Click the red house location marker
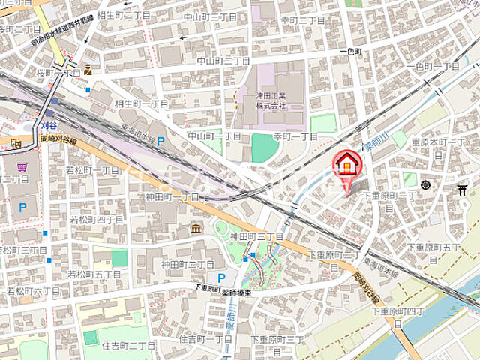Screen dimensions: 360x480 346,163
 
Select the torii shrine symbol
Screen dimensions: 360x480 462,190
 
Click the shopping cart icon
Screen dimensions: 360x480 22,167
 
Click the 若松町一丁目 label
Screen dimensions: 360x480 93,171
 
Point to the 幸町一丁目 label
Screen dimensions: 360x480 295,136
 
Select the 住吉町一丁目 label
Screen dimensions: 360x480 205,339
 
